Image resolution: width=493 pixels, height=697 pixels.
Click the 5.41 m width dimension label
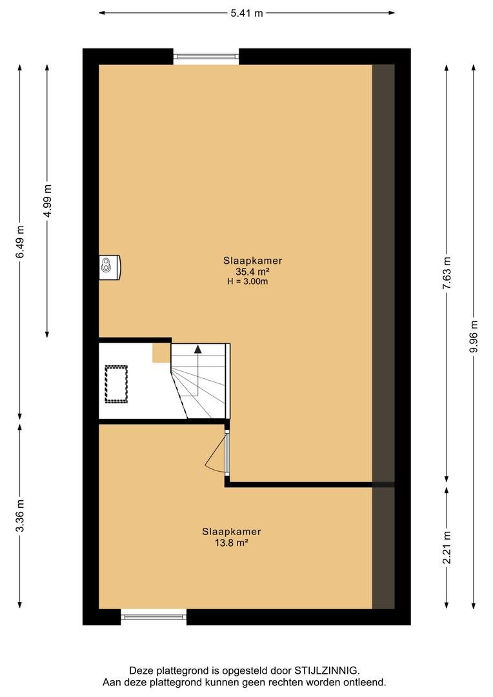point(246,14)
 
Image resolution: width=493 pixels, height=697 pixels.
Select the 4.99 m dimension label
point(47,201)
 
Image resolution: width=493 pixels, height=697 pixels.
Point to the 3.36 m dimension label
point(20,516)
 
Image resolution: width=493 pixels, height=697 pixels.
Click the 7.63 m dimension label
point(447,273)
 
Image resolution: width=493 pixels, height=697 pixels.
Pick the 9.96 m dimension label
point(474,336)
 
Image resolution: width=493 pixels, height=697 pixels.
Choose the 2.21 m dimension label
point(447,548)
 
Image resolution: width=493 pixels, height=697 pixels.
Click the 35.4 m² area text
point(253,272)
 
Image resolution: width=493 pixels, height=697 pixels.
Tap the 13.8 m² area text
point(231,543)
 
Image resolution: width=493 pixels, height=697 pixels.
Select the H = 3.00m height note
point(248,281)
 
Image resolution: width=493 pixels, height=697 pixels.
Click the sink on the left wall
point(109,267)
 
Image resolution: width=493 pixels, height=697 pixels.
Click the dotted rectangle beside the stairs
point(116,384)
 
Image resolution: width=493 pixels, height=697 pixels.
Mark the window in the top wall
point(206,56)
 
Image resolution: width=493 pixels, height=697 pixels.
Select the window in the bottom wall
point(154,616)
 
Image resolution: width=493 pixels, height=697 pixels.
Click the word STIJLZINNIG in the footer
point(327,671)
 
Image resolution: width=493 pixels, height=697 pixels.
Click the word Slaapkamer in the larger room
point(253,261)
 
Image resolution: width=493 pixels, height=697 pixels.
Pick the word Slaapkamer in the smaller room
point(231,532)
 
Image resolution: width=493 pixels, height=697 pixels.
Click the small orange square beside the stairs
point(162,353)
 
